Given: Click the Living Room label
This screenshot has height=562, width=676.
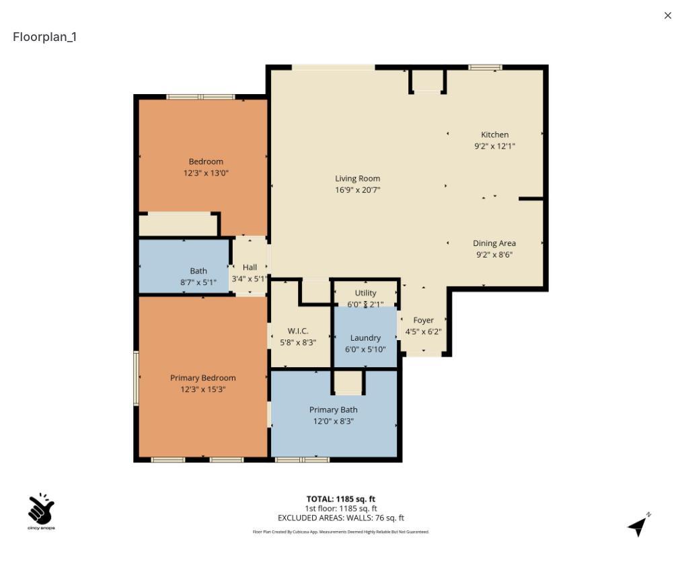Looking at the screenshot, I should [357, 179].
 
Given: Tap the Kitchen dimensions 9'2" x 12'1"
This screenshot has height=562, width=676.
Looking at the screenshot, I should [494, 146].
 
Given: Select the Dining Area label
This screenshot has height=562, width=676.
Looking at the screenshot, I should [494, 243].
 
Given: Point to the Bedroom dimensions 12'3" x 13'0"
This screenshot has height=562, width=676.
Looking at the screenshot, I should [206, 173].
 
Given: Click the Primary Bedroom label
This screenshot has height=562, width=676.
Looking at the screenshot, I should [202, 378].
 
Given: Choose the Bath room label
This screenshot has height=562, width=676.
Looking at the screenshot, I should [198, 271].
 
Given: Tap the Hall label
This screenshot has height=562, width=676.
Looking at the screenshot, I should [250, 268].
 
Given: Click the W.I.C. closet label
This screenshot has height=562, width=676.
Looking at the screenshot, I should [298, 331].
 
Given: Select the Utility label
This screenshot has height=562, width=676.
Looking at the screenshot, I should [365, 293].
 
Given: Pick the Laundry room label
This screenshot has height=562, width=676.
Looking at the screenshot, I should [365, 338].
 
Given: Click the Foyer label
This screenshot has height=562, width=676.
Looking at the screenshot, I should [423, 321].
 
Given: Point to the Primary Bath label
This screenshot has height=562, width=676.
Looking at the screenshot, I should [333, 409].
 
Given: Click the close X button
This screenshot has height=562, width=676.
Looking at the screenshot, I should [667, 15].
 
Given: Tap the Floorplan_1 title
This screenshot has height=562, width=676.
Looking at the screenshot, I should [44, 37].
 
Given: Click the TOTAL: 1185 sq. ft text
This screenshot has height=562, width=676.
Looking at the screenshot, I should [340, 499].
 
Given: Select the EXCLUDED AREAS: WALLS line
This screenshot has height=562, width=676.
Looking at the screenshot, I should [340, 518].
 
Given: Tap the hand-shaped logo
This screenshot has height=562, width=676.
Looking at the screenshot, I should [41, 510].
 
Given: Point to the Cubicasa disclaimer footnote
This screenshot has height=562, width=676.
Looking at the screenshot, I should [340, 532].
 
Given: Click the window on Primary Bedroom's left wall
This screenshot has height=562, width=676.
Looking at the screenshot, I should [136, 377].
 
